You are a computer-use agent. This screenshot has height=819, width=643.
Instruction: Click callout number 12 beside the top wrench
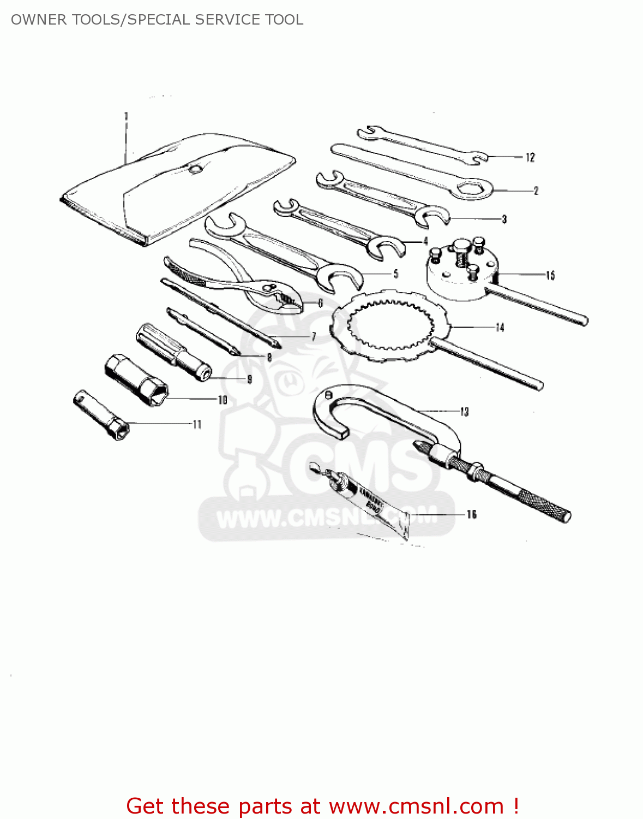530,158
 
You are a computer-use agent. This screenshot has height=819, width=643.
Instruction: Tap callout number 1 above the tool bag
126,116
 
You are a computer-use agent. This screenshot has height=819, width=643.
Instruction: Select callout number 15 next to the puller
550,275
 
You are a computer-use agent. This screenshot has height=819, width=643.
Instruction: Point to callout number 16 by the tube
472,514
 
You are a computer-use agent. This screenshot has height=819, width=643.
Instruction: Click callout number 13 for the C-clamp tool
464,412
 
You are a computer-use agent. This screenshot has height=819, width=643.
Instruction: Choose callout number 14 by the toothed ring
500,328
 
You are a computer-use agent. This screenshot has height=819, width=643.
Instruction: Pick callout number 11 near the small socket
197,424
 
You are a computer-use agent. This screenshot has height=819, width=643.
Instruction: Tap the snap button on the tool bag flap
195,169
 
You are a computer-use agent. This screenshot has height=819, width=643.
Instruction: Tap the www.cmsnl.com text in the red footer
416,806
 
